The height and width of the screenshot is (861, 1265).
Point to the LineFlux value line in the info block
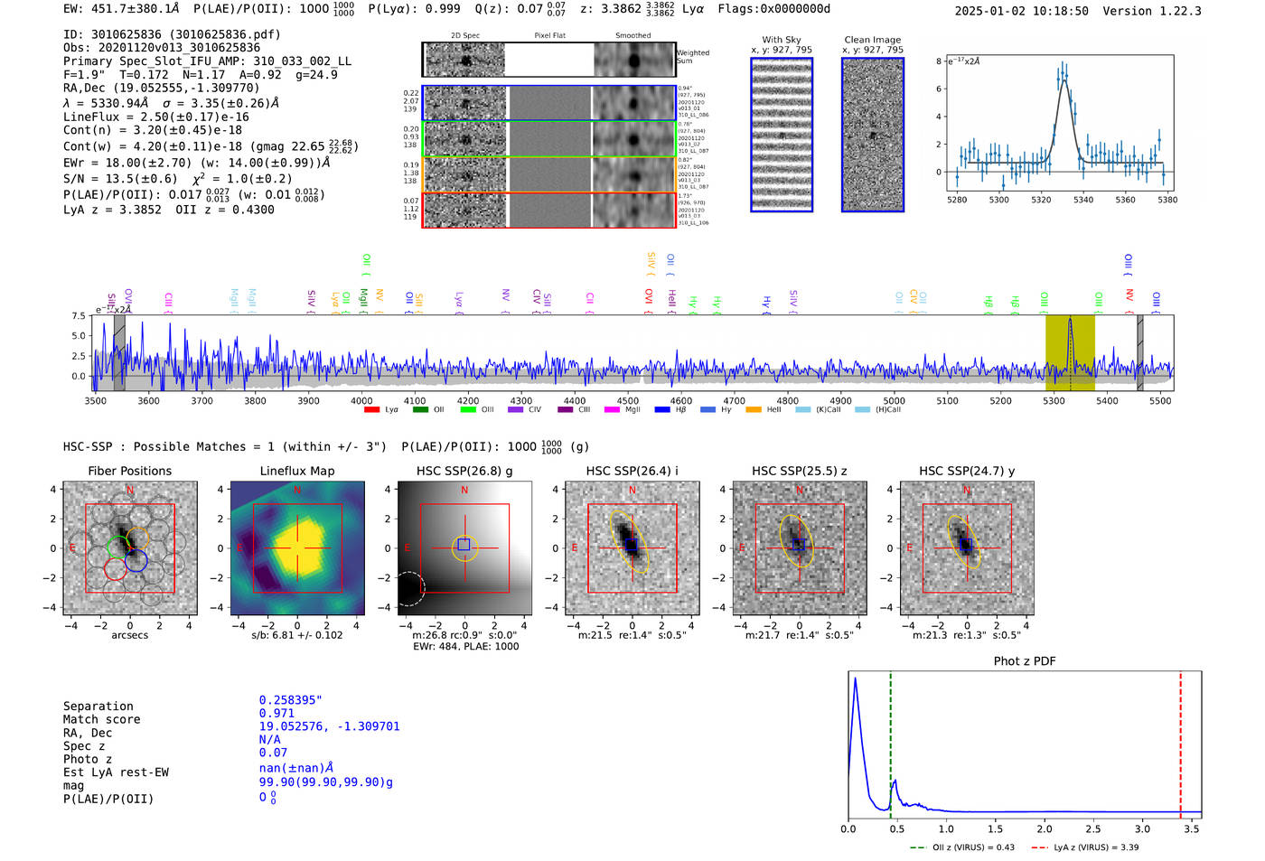point(156,117)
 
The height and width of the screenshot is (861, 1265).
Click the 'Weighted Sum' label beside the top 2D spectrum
point(692,56)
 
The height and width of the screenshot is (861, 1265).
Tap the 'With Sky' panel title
point(782,40)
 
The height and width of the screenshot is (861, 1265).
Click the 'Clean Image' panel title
point(872,40)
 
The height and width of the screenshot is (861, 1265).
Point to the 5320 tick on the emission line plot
point(1041,200)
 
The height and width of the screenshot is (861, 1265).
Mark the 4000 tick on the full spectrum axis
point(361,400)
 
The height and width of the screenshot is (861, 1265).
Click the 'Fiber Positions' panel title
point(129,471)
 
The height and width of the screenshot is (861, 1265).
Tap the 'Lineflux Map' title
point(297,471)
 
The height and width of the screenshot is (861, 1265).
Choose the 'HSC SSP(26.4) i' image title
point(632,471)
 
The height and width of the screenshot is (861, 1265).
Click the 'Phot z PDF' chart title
point(1025,661)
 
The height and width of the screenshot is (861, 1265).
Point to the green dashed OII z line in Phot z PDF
point(890,741)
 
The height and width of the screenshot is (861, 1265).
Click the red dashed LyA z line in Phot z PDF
point(1180,741)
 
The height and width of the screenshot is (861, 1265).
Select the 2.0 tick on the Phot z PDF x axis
point(1045,828)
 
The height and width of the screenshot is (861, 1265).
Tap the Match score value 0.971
point(276,714)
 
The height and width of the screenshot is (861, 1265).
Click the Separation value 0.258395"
point(291,700)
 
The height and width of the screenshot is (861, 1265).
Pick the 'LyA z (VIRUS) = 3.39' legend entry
point(1085,847)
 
